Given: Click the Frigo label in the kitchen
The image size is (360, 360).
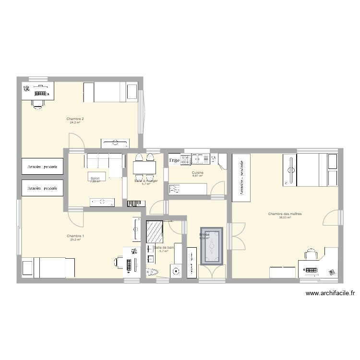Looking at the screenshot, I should coord(174,160).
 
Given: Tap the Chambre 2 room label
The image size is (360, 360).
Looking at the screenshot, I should coord(75,119).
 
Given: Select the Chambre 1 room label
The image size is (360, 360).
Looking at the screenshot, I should coord(75,236).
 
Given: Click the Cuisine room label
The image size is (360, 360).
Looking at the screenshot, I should coord(197,173).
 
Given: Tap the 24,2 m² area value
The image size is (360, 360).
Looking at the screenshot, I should coord(75,123).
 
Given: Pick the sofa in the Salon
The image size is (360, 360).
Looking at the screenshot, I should coord(104,159).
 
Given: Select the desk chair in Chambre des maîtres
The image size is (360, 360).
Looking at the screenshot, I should coord(311,254).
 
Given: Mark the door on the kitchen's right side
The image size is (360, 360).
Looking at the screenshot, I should coord(219,189).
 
